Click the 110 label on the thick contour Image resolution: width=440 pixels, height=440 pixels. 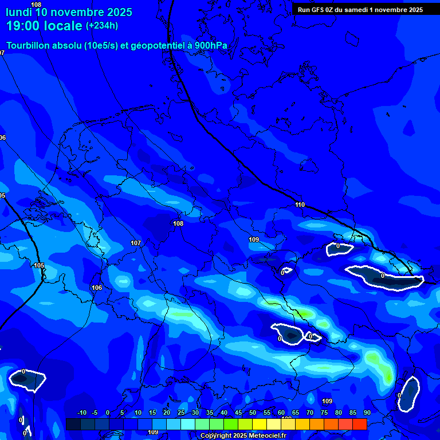pyautogui.click(x=300, y=205)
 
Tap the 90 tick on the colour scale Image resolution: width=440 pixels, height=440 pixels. pyautogui.click(x=367, y=412)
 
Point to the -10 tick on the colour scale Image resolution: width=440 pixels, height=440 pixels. pyautogui.click(x=81, y=412)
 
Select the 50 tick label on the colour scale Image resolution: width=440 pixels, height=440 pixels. pyautogui.click(x=253, y=412)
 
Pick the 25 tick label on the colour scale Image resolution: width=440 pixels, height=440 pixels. pyautogui.click(x=181, y=412)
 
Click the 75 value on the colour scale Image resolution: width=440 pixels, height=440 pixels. pyautogui.click(x=324, y=412)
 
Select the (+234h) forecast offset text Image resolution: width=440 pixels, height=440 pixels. pyautogui.click(x=102, y=25)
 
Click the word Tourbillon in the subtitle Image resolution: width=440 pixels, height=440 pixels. pyautogui.click(x=29, y=46)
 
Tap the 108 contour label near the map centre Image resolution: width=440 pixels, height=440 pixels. pyautogui.click(x=178, y=223)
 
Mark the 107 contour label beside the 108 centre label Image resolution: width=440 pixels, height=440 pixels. pyautogui.click(x=136, y=243)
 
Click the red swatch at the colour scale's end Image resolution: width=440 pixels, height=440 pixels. pyautogui.click(x=359, y=424)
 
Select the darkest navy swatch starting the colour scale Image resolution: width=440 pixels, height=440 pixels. pyautogui.click(x=73, y=424)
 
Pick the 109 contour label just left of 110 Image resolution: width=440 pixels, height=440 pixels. pyautogui.click(x=254, y=239)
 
